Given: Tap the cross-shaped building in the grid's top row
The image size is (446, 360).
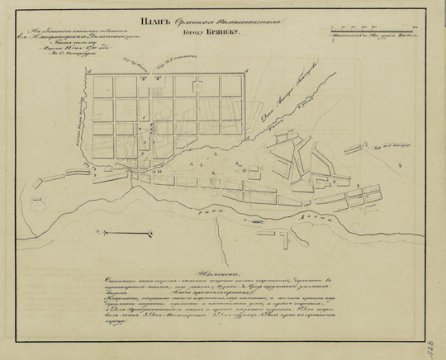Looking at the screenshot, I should click(142, 76).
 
